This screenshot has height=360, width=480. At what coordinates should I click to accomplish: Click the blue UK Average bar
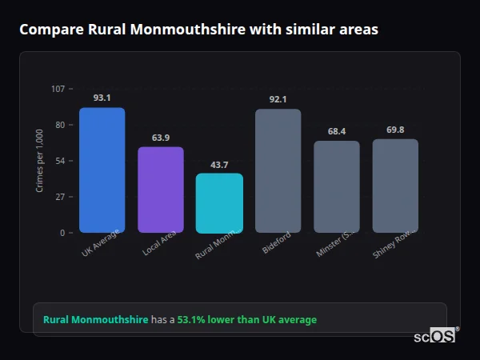point(102,170)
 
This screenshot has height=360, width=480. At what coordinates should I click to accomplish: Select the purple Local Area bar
point(161,190)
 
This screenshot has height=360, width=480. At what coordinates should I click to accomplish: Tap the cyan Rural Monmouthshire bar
point(219,203)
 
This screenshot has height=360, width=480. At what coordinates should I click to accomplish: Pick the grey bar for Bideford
point(278,171)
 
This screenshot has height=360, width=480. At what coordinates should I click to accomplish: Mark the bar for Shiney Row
point(395,186)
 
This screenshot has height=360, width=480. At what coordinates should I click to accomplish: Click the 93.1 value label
point(102,98)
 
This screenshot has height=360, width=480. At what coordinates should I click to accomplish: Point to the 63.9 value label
point(161,138)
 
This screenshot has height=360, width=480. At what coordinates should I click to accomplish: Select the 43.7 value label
point(219,165)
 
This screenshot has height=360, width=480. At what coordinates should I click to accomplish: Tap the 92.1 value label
point(278,99)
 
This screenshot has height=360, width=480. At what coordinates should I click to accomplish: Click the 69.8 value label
point(395,130)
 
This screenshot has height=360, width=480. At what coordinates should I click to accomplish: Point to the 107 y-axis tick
point(58,89)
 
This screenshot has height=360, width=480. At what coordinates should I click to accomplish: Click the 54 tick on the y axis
point(60,161)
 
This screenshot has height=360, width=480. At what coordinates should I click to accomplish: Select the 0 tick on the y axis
point(62,233)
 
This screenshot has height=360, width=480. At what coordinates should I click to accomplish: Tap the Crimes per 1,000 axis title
point(40,161)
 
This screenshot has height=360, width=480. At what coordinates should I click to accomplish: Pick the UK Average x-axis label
point(100,244)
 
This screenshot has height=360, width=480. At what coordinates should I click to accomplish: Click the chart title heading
point(198,30)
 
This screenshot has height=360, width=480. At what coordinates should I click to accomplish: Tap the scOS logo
point(434,336)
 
